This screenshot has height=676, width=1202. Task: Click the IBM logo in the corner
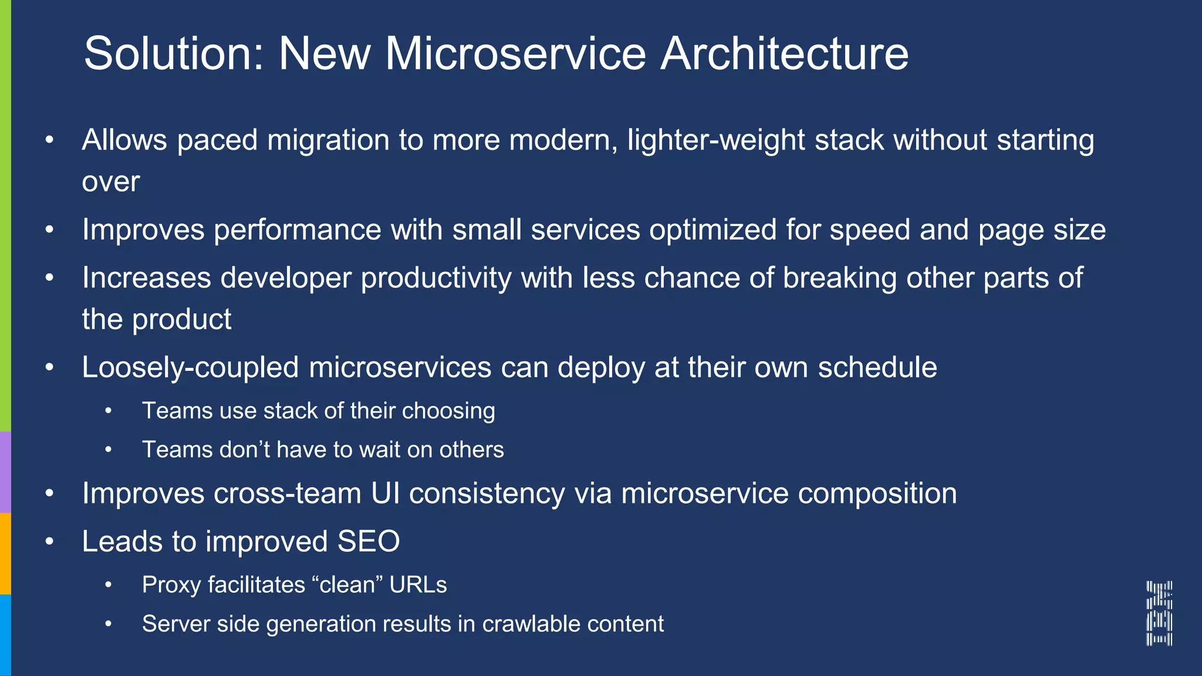1159,613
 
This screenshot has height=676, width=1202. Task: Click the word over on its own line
111,182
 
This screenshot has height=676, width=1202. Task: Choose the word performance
298,230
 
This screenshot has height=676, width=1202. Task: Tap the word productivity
436,278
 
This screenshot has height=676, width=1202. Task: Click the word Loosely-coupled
190,368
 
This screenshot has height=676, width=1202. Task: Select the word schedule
877,368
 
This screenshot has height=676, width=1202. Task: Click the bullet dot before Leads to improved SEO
49,541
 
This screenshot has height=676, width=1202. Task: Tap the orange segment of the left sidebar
5,553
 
